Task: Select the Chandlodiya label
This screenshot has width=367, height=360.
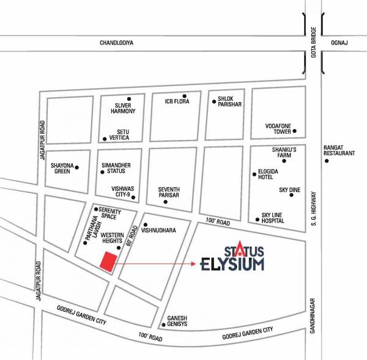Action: coord(116,43)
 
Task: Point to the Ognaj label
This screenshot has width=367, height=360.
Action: coord(339,43)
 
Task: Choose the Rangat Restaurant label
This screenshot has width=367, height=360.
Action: coord(339,150)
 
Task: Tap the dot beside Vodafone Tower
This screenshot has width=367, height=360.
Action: coord(294,131)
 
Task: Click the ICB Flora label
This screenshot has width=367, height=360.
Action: coord(177,101)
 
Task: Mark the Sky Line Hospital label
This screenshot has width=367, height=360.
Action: coord(273,218)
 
